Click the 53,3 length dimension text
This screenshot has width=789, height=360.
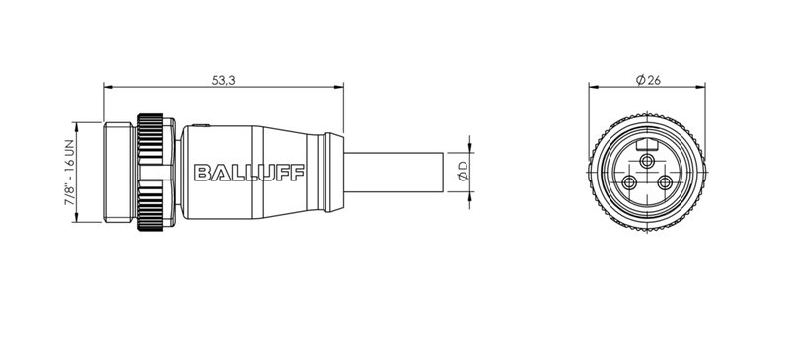pos(224,80)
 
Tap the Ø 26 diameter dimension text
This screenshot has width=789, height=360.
pos(648,80)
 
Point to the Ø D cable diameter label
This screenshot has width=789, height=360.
pos(461,174)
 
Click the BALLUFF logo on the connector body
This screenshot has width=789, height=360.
pos(251,174)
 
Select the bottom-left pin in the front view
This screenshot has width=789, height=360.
pos(628,183)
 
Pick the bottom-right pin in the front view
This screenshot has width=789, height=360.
pos(666,183)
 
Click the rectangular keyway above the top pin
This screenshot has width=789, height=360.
pos(647,144)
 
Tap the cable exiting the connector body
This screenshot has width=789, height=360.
pos(394,174)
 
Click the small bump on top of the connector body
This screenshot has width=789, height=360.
pos(200,125)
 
